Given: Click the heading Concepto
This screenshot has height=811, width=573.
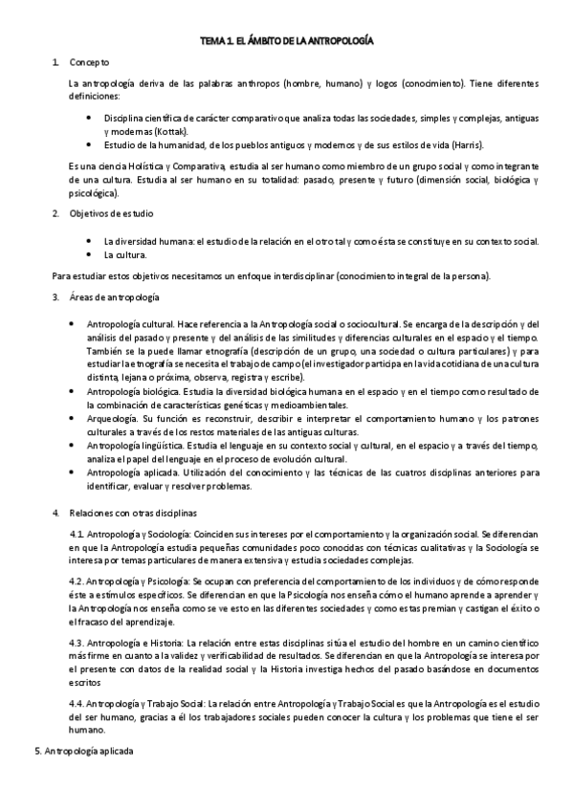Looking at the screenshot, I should click(89, 62).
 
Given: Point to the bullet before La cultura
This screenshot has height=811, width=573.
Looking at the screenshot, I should click(89, 255).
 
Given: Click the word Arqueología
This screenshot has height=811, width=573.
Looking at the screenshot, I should click(113, 418).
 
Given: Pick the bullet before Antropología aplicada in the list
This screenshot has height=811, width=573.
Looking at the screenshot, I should click(76, 472).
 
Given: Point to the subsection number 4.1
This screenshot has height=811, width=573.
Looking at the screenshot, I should click(77, 533).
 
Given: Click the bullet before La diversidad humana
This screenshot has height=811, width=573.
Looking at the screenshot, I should click(89, 241).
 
